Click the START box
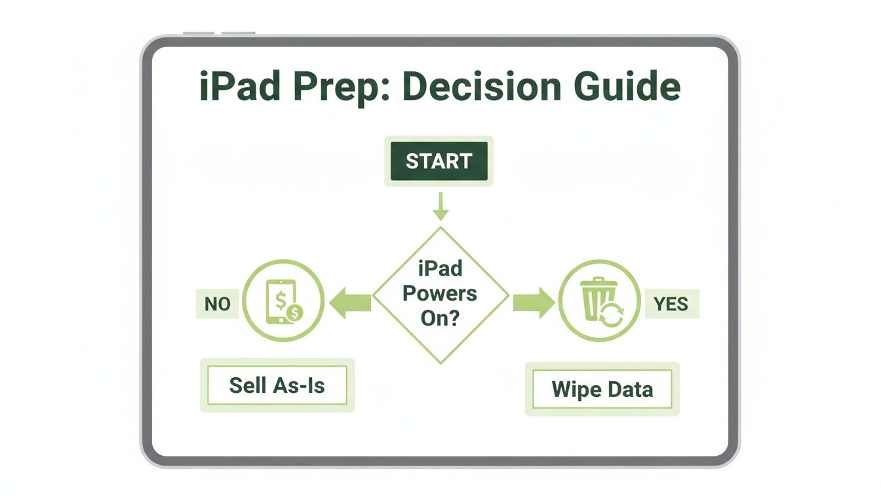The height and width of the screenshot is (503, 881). coord(439,161)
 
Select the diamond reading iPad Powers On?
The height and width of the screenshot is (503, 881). coord(440,294)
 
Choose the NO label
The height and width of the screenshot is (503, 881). coord(217,305)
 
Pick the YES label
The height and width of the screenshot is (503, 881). coord(671,305)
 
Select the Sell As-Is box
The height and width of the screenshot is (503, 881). coord(277,385)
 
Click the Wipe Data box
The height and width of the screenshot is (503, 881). coord(602,389)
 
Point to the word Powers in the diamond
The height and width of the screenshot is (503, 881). coord(440,293)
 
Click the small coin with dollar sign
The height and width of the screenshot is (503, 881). coord(296,313)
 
